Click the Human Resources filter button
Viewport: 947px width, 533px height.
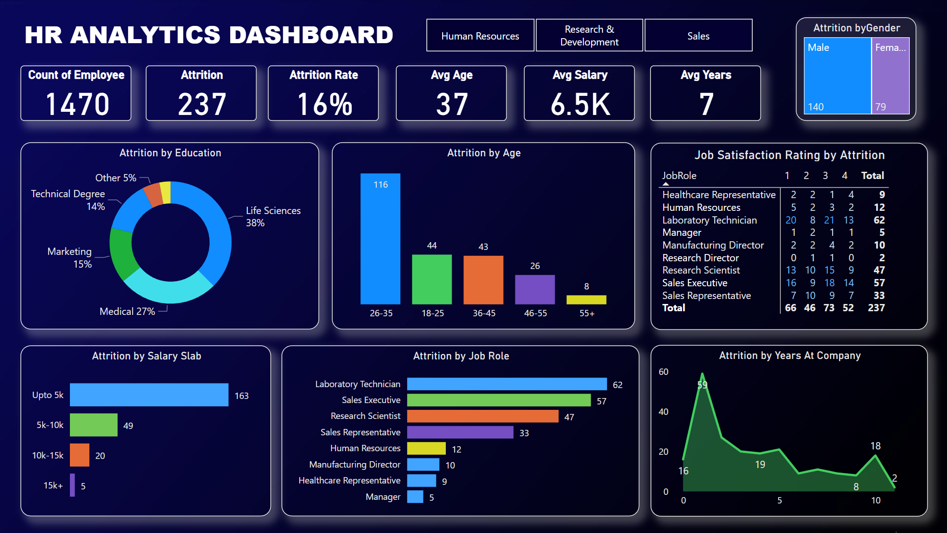480,35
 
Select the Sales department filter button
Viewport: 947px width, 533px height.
698,35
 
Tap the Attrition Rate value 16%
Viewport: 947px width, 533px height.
324,104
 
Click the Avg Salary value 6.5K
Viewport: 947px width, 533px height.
580,104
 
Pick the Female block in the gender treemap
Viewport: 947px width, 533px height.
890,75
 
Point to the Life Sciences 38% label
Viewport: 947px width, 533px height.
273,216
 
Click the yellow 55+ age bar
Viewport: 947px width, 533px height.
586,299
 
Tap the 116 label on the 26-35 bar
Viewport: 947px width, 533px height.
380,184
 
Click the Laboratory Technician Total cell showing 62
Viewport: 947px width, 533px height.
879,220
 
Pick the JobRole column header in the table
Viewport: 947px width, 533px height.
679,175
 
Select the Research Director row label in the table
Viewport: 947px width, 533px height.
700,258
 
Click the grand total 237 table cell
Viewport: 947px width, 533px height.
876,308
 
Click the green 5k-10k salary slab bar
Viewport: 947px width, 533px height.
94,425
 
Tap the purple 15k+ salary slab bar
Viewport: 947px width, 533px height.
72,485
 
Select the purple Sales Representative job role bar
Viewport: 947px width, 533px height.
460,432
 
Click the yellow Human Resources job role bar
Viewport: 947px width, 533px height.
426,448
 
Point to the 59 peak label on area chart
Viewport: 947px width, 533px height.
702,385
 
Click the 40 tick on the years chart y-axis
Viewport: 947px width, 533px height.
663,412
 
